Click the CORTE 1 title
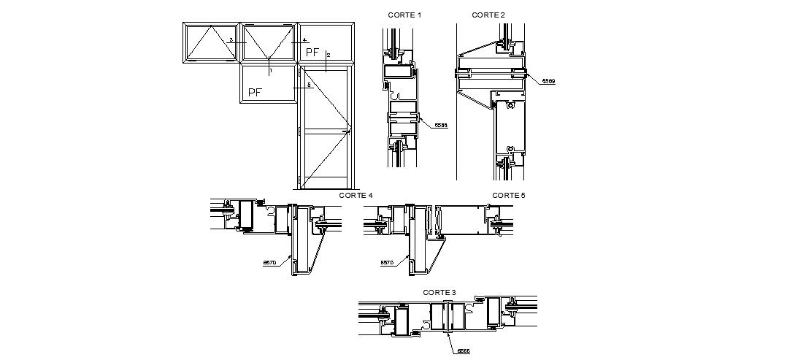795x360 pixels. (404, 15)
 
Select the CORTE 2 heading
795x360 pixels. (488, 15)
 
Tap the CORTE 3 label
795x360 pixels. (439, 292)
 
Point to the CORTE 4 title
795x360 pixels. (356, 196)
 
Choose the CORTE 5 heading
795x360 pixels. (509, 196)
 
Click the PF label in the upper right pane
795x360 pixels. (312, 52)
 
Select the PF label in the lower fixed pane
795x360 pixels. (255, 92)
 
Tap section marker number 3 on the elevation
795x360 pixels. (231, 40)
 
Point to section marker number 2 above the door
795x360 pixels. (329, 55)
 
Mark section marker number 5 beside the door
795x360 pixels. (310, 85)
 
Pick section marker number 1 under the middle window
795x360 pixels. (270, 71)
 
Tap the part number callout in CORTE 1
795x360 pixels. (440, 126)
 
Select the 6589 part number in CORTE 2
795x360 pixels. (548, 81)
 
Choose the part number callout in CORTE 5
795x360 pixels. (387, 262)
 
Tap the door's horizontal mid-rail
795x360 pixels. (326, 132)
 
